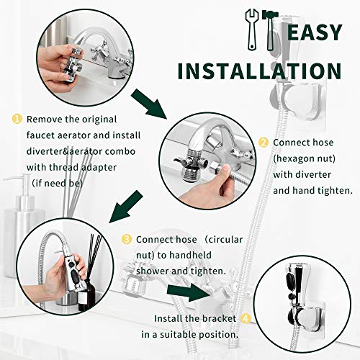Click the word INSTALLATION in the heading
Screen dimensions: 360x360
(x=259, y=71)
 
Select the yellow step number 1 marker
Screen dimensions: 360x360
(x=17, y=118)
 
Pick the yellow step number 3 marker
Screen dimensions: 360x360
(x=127, y=239)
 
